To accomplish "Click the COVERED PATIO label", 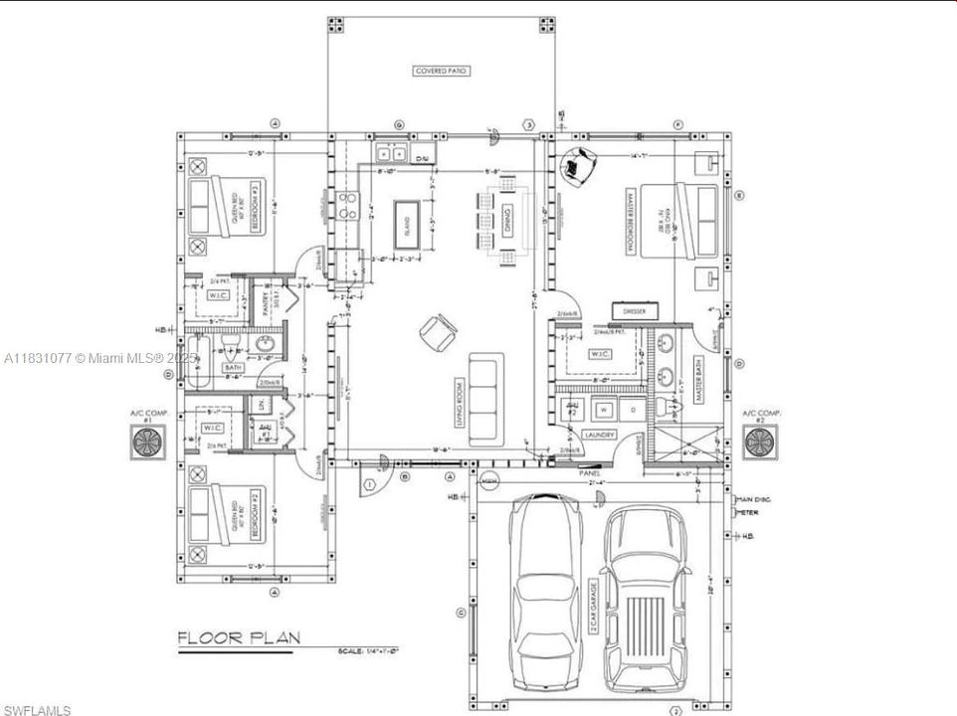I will [441, 71].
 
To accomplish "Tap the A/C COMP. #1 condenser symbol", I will [146, 442].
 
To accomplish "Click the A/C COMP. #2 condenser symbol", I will [762, 442].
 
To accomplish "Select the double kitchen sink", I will [389, 154].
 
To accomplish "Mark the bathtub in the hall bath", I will [198, 364].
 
